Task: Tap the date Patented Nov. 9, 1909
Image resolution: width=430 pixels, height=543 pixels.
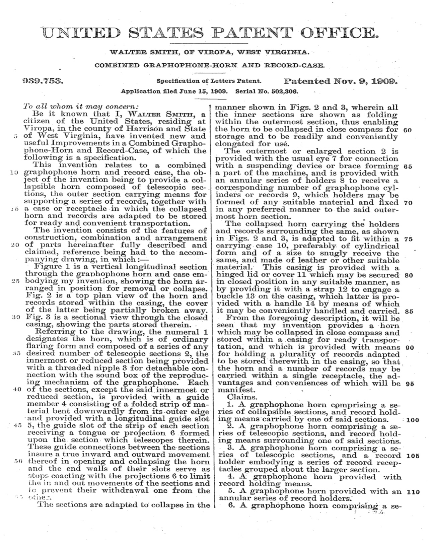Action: point(341,81)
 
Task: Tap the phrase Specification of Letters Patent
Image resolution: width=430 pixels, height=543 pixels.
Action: point(209,81)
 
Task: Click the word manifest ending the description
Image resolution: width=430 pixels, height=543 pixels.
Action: point(234,390)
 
